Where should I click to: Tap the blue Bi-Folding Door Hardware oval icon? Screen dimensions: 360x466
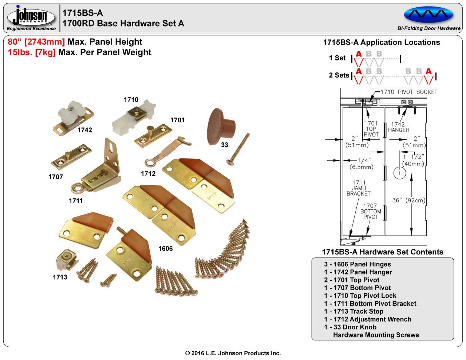pyautogui.click(x=429, y=15)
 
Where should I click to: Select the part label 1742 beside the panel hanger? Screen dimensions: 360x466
pyautogui.click(x=84, y=130)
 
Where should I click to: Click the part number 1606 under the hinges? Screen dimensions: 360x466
pyautogui.click(x=165, y=249)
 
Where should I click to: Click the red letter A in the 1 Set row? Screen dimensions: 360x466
pyautogui.click(x=359, y=54)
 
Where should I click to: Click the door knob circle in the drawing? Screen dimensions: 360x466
pyautogui.click(x=400, y=173)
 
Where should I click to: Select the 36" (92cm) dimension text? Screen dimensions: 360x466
pyautogui.click(x=409, y=200)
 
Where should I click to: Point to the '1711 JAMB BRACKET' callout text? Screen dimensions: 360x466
pyautogui.click(x=359, y=188)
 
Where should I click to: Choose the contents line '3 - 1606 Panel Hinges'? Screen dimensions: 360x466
pyautogui.click(x=358, y=264)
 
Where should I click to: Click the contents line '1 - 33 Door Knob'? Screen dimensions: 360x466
pyautogui.click(x=350, y=327)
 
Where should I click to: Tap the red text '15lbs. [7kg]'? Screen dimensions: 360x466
pyautogui.click(x=32, y=52)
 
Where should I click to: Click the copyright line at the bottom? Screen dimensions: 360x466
pyautogui.click(x=233, y=353)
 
